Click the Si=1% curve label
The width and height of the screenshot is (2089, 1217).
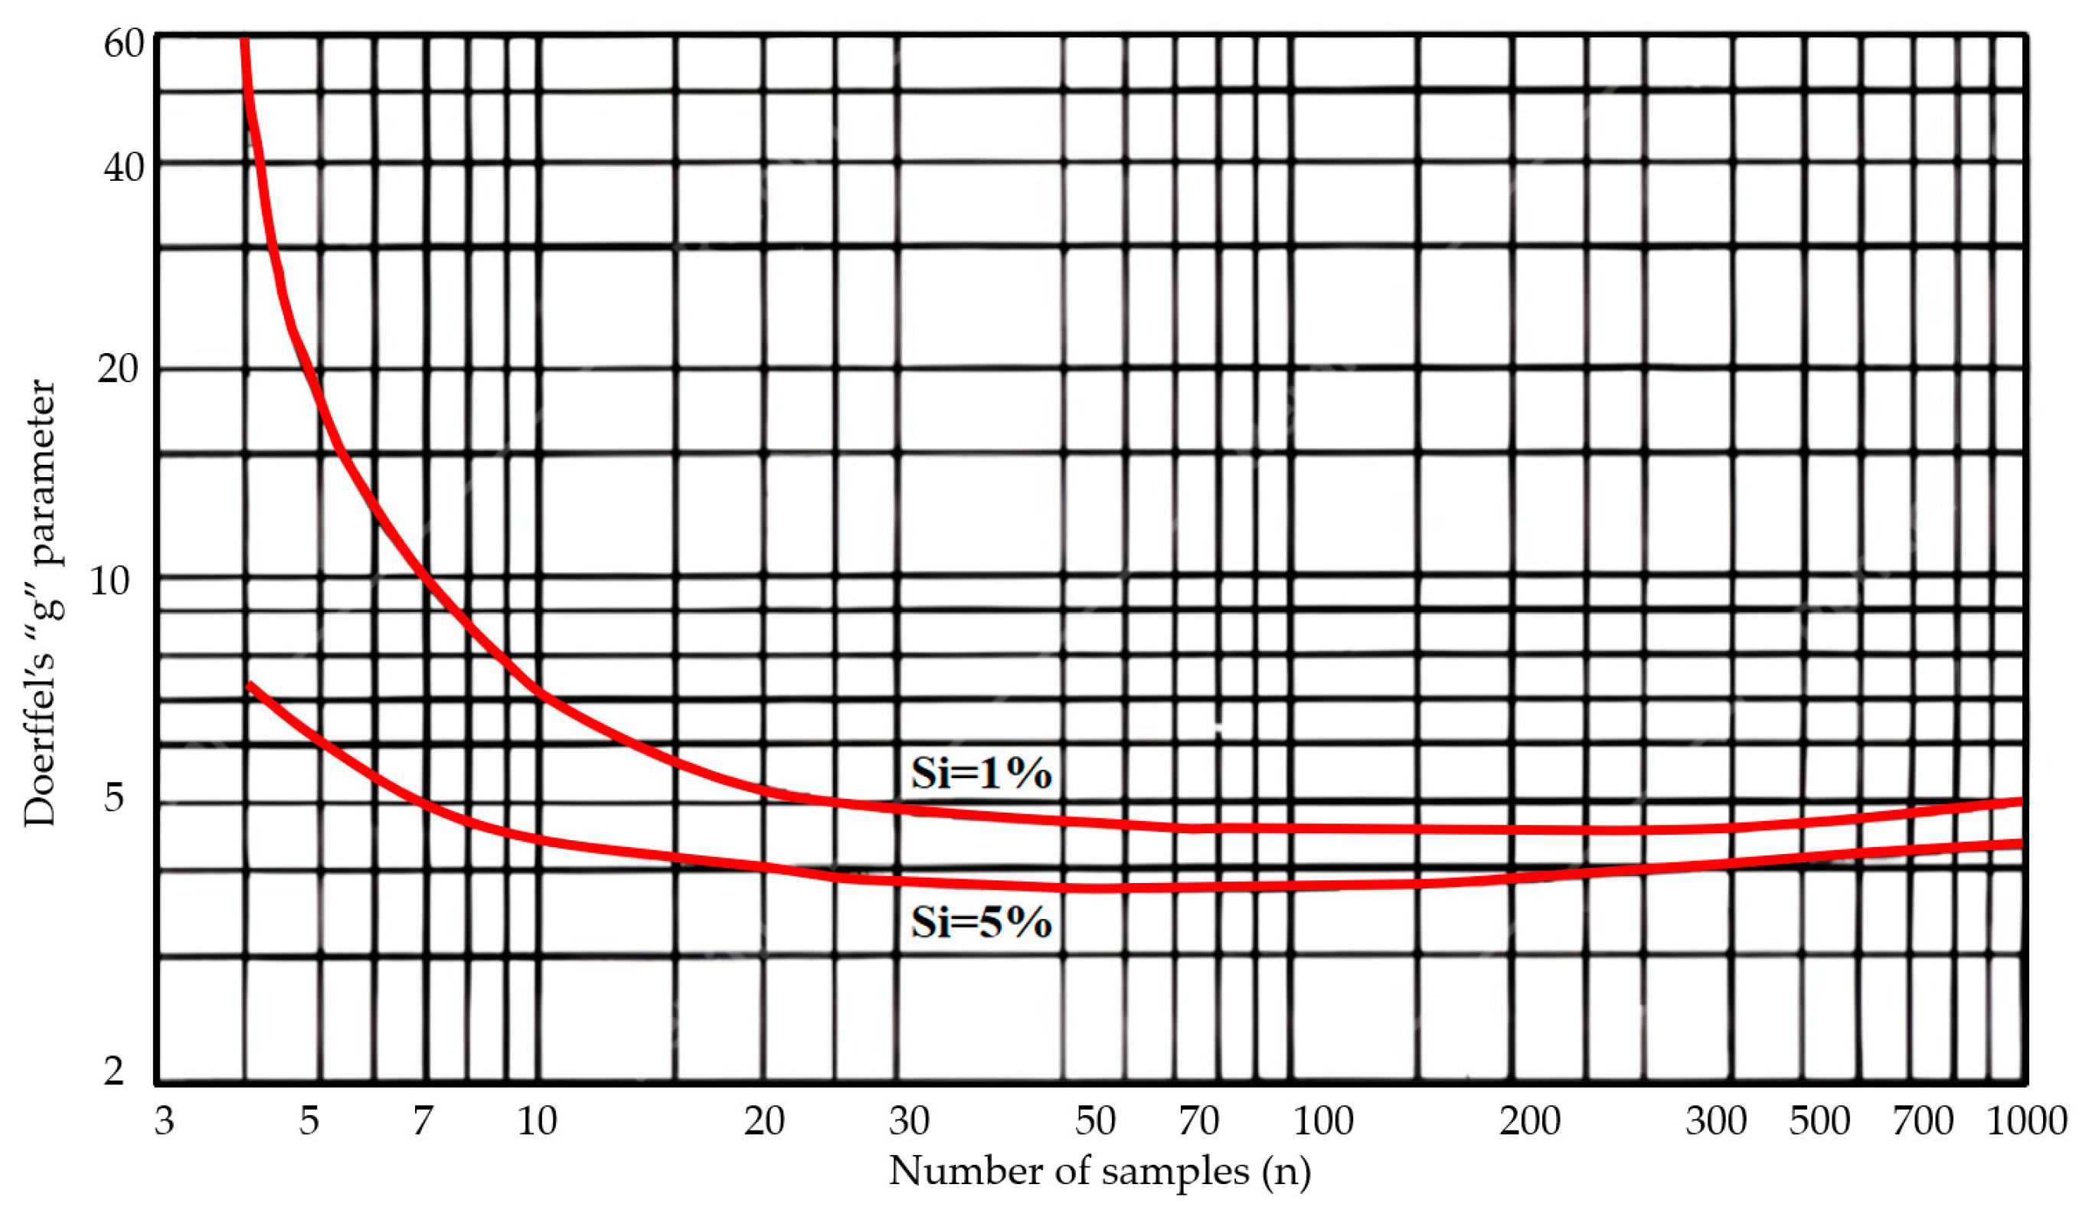point(981,773)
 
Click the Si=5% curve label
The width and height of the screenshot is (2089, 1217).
point(981,922)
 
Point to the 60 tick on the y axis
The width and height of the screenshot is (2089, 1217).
point(123,43)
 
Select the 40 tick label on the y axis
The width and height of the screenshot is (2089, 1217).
point(123,168)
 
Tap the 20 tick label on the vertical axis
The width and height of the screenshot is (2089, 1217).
point(117,368)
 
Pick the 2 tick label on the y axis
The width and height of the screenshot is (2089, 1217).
point(113,1070)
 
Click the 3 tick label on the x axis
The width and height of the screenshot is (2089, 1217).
point(164,1120)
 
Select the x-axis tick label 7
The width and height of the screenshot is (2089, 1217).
point(423,1120)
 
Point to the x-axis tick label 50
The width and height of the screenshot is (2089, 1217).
point(1095,1120)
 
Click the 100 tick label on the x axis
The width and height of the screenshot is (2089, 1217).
point(1323,1120)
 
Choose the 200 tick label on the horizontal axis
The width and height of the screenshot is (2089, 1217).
point(1529,1120)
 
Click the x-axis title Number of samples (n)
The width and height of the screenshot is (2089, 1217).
point(1099,1171)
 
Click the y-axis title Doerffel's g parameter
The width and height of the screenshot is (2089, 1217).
point(40,603)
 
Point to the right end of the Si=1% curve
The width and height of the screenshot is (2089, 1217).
point(2019,802)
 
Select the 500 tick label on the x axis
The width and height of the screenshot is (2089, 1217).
point(1819,1120)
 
